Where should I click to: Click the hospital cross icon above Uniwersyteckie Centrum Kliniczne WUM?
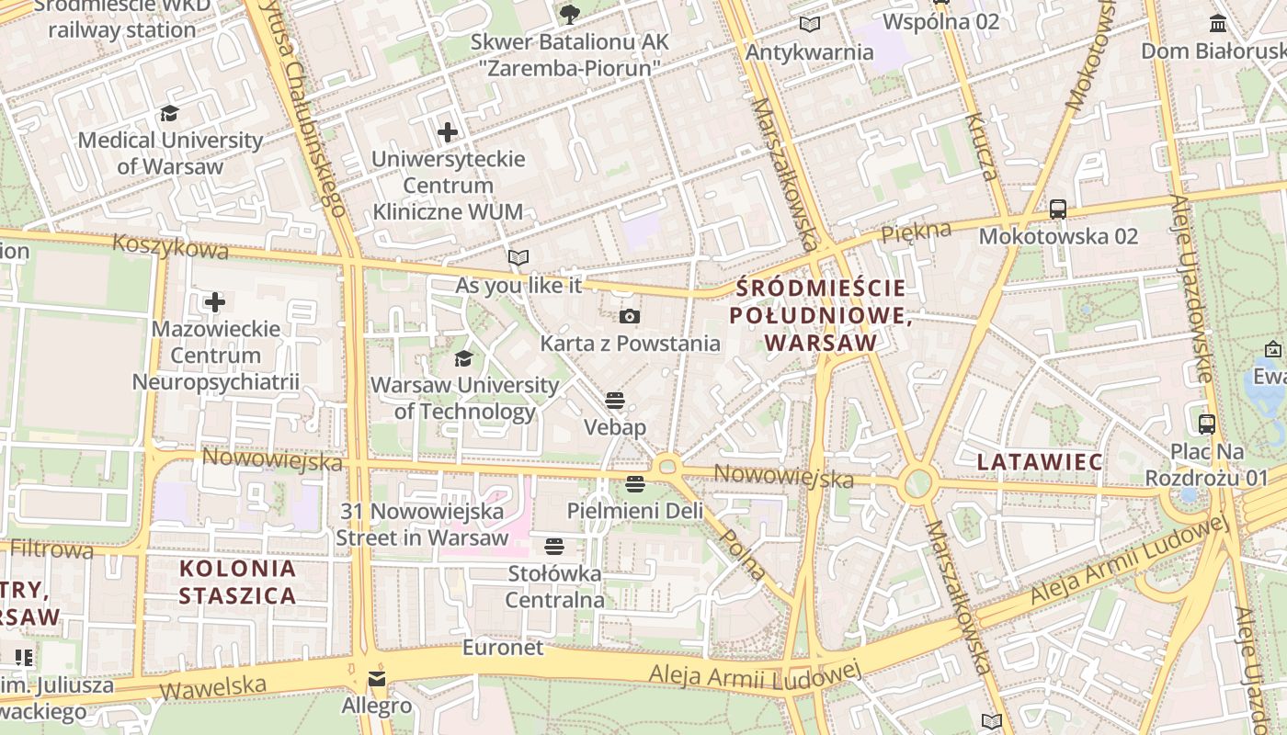448,132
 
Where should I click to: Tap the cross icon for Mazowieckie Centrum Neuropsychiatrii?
215,302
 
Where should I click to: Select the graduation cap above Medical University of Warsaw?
169,114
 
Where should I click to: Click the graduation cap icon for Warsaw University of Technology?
464,358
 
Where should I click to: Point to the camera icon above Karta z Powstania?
629,317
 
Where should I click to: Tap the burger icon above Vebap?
615,401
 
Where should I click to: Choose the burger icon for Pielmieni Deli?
634,483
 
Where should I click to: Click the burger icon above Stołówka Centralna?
553,547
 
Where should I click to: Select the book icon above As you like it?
518,258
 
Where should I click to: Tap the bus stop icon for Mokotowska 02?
1058,209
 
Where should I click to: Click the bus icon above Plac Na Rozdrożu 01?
1207,424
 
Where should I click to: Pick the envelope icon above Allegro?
377,680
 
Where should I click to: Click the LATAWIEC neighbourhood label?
1040,462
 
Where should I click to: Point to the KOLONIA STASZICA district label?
238,582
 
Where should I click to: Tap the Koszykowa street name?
170,246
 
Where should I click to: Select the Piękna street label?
916,232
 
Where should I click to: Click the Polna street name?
743,555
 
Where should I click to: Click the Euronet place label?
503,648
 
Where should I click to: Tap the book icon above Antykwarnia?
809,25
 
